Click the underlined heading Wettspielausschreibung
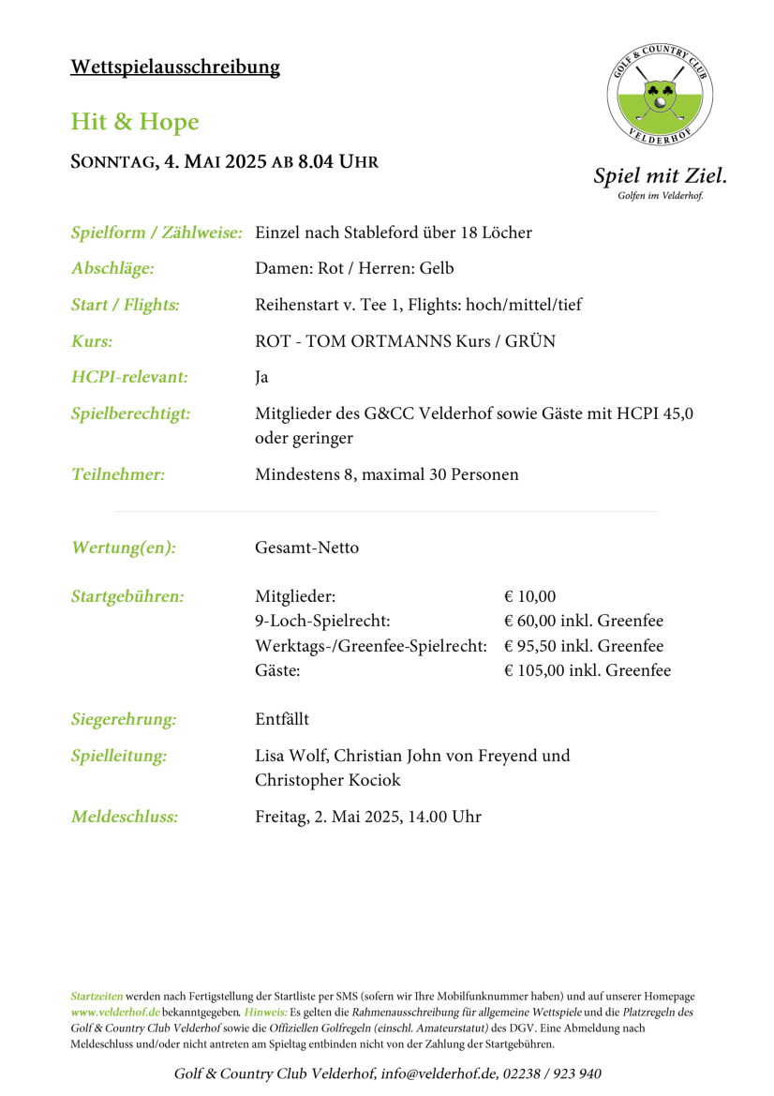point(175,67)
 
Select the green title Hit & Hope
point(135,121)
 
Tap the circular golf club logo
point(660,98)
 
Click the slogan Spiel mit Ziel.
point(660,175)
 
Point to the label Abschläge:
point(112,269)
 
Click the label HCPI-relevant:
point(129,377)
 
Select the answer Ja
point(261,378)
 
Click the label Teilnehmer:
point(118,474)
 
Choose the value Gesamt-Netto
point(306,548)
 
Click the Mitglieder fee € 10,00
point(529,596)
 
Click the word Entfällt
point(282,720)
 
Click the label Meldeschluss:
point(125,817)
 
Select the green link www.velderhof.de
point(115,1013)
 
